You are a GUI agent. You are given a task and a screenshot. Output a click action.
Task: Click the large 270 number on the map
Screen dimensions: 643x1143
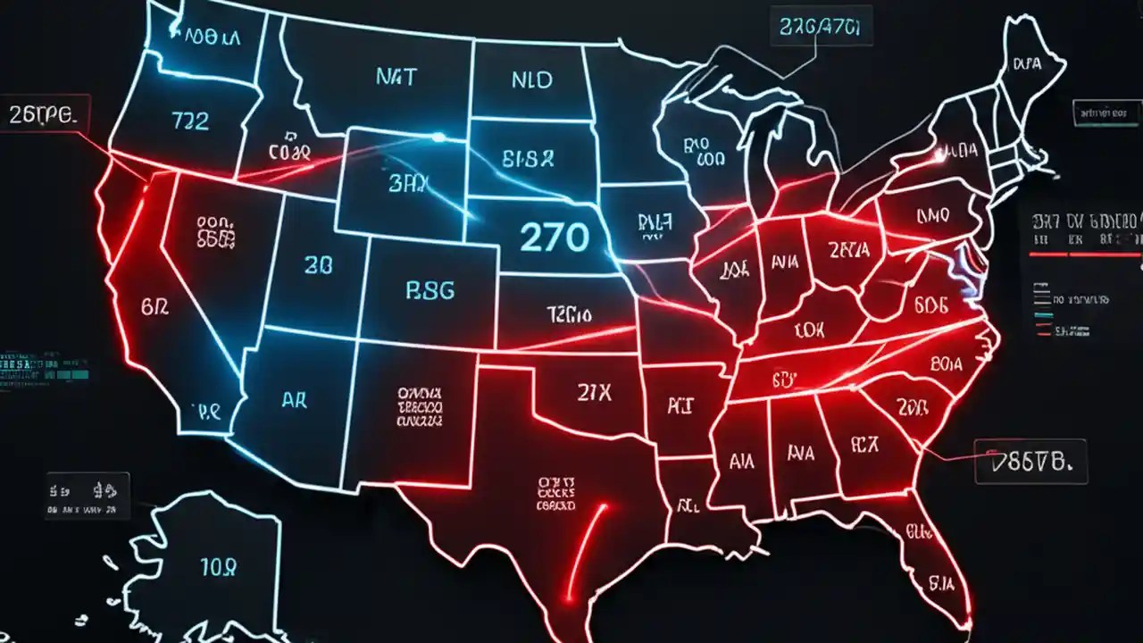(x=554, y=238)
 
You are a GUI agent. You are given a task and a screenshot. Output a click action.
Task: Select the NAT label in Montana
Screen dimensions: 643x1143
(x=395, y=78)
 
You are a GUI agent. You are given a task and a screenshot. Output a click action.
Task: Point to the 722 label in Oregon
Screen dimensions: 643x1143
(x=189, y=121)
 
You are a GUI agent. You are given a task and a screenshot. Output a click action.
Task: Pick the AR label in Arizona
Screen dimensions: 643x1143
(x=294, y=400)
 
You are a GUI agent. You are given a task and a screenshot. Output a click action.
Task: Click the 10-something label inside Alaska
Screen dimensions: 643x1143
(x=217, y=565)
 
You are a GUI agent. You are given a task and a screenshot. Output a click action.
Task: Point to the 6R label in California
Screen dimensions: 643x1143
(x=155, y=306)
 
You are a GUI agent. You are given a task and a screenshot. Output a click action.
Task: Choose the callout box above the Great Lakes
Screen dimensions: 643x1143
(x=818, y=28)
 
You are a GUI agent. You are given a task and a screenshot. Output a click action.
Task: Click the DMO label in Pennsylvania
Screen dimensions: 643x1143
(x=933, y=216)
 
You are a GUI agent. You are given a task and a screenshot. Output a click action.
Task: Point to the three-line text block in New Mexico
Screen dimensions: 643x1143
(x=421, y=405)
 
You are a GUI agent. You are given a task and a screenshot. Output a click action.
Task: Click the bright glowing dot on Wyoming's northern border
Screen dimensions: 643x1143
(x=438, y=137)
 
